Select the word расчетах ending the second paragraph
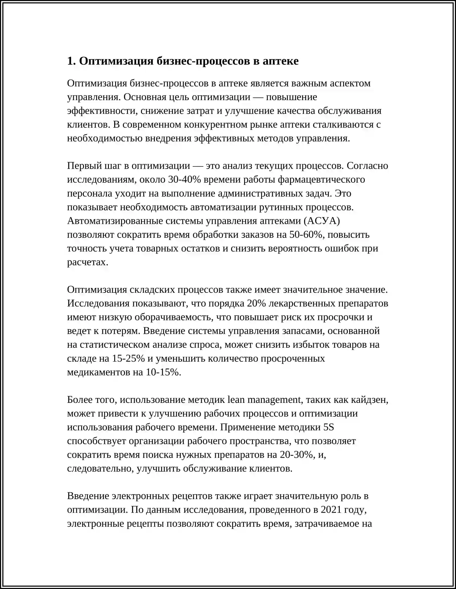point(87,262)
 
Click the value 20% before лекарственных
point(256,304)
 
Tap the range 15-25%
point(129,359)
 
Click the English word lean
point(236,400)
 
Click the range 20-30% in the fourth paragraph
point(296,455)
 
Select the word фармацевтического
point(321,180)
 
